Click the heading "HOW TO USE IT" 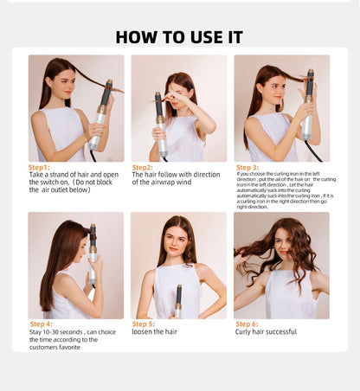tap(179, 36)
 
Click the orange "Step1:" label tap(39, 167)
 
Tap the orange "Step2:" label tap(142, 167)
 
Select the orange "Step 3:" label tap(247, 167)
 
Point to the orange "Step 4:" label tap(41, 324)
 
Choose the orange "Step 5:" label tap(144, 324)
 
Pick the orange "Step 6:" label tap(247, 324)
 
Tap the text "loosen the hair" tap(156, 331)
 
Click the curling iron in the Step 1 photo tap(101, 115)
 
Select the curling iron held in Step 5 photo tap(178, 298)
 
